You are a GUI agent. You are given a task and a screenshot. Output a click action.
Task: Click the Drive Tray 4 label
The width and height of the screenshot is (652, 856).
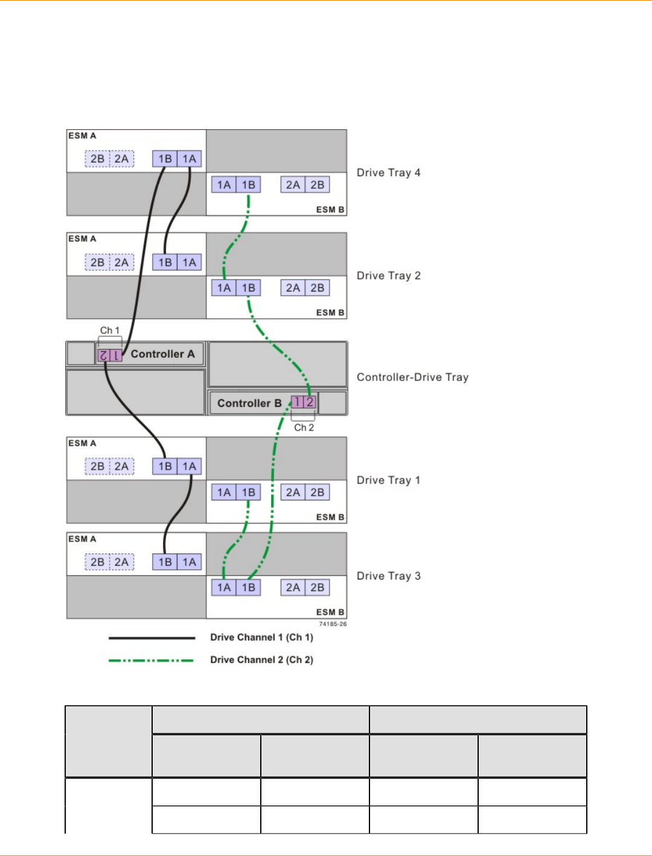388,173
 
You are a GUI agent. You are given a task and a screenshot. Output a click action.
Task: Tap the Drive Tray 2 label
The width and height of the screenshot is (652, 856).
388,276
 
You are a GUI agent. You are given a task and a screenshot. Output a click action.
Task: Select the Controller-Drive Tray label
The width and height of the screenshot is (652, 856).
412,377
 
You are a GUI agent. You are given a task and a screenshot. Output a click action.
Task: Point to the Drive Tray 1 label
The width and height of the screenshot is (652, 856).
388,481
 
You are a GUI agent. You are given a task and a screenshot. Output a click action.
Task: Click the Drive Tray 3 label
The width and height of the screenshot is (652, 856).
388,576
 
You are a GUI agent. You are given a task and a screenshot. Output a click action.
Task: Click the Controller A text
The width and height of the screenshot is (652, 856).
162,354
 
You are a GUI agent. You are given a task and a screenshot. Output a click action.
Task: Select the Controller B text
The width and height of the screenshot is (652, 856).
249,403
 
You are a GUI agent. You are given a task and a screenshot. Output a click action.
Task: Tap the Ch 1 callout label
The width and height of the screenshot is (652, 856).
110,330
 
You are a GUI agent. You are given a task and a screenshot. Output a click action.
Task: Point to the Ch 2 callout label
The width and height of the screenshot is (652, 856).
304,427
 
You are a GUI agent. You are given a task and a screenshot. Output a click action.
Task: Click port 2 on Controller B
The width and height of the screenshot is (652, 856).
310,402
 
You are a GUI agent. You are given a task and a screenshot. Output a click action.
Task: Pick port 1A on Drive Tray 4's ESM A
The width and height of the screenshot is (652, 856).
190,159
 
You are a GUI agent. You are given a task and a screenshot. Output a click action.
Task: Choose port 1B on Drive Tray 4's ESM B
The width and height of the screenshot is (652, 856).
248,185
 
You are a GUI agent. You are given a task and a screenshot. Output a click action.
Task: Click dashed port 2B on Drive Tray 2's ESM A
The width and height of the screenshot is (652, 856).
97,263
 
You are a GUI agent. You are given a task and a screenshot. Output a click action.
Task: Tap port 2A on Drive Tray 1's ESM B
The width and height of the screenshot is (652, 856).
293,493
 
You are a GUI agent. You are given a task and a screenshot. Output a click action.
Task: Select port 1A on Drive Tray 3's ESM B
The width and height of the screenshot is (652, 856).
224,587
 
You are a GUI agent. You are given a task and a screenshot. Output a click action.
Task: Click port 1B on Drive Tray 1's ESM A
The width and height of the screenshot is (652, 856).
165,467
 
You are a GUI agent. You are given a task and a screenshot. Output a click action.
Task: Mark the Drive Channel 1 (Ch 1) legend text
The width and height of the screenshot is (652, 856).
261,637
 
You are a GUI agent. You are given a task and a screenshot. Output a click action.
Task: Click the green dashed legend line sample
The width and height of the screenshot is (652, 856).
152,660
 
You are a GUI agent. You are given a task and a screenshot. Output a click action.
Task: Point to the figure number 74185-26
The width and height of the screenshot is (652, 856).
333,624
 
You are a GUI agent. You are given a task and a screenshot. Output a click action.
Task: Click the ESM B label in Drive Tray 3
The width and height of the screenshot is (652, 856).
330,612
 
